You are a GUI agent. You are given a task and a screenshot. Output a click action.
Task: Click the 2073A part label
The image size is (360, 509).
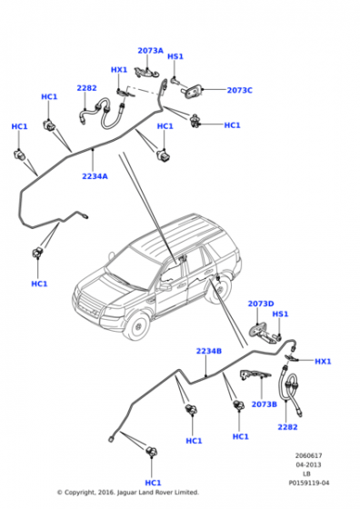(150, 51)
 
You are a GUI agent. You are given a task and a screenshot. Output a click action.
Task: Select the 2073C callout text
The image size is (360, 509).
(240, 90)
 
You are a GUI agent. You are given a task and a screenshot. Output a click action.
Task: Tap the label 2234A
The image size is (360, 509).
(95, 176)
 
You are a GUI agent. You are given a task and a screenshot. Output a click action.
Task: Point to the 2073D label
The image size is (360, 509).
(261, 304)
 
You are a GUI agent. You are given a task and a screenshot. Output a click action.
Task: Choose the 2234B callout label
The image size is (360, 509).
(209, 351)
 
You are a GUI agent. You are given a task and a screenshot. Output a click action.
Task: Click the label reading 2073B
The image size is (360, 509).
(265, 404)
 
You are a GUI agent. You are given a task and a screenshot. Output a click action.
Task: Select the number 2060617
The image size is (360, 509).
(309, 455)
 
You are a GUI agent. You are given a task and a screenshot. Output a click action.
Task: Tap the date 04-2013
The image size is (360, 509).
(308, 464)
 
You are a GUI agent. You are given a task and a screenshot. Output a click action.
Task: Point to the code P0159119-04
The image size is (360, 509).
(309, 483)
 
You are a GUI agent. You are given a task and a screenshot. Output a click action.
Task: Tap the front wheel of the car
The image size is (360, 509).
(138, 325)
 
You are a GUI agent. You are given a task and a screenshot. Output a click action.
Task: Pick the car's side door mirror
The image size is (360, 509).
(165, 287)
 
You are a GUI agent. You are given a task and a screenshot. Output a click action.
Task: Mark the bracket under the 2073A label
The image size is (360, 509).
(146, 73)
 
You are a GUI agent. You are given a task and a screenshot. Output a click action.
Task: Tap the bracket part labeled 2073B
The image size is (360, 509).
(255, 374)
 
